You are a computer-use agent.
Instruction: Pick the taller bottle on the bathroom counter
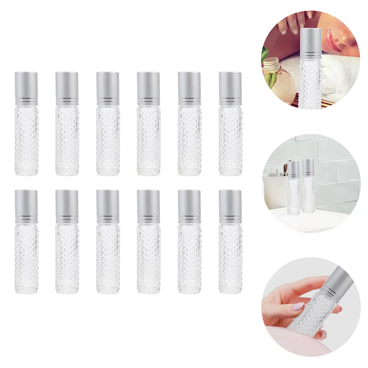(307, 187)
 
